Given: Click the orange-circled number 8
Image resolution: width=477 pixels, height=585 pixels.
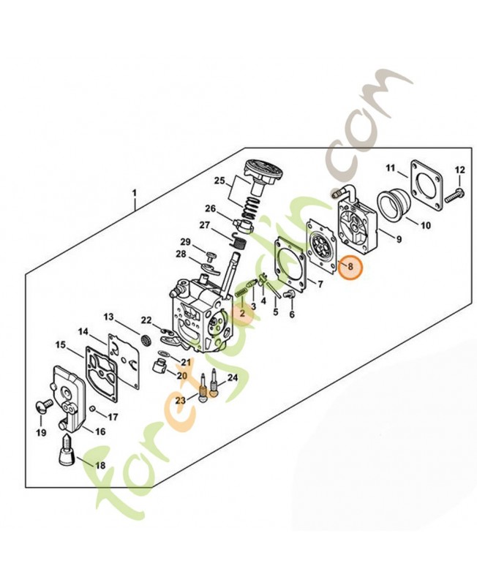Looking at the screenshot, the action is point(350,266).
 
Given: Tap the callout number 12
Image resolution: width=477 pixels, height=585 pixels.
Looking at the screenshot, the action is point(460,170).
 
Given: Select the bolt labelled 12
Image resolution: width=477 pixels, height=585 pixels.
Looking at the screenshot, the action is point(454,195).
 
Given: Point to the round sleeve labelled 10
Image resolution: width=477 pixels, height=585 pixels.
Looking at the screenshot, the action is point(394,206).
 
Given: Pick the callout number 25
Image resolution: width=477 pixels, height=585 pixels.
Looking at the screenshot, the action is point(219,181).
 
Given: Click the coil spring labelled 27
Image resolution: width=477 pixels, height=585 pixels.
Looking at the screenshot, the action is point(238,243).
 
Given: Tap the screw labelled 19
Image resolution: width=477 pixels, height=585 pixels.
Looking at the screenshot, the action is point(45,405).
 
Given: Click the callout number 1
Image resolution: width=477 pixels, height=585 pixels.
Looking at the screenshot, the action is point(134,193).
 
